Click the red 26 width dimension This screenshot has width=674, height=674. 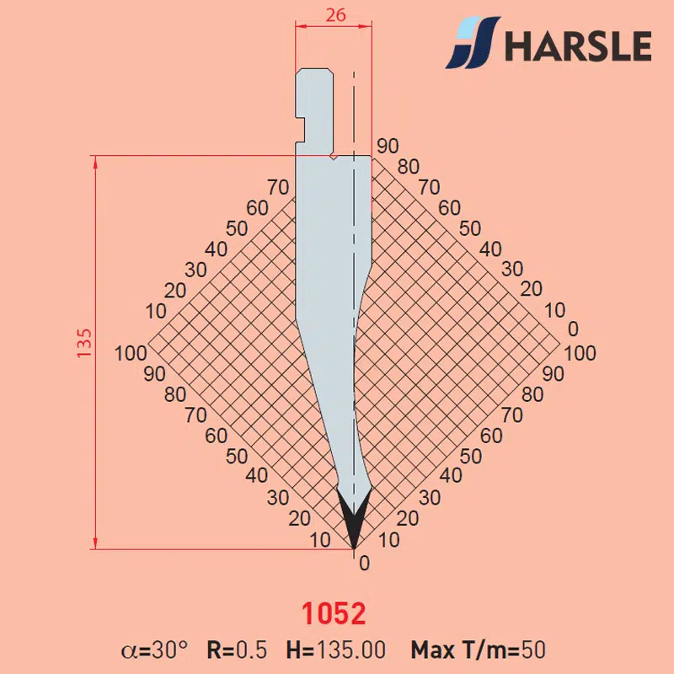click(335, 15)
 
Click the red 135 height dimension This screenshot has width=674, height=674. click(84, 343)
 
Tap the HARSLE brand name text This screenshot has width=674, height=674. click(578, 45)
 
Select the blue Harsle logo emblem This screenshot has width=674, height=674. click(473, 42)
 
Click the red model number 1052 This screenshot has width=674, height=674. click(334, 613)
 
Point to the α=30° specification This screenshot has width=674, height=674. click(155, 650)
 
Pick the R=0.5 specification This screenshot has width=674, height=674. click(237, 650)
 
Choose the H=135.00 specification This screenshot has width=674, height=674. click(336, 650)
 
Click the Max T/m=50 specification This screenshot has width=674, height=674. click(478, 650)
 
